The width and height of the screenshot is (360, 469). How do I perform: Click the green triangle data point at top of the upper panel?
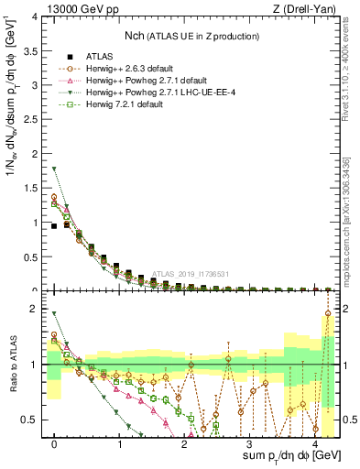[x=55, y=168]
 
